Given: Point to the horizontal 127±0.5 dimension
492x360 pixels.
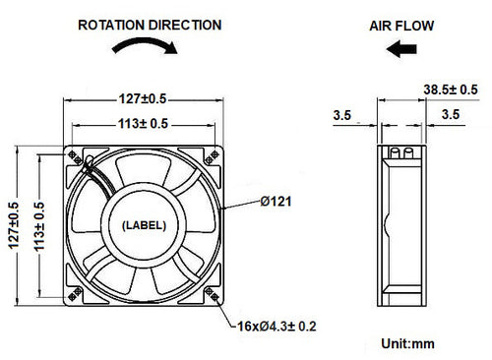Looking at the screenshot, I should point(145,97).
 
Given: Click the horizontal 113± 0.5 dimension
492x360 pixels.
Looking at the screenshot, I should point(145,123).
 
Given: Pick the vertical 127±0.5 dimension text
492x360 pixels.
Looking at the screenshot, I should point(13,223).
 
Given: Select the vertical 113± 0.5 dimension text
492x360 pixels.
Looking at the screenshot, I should point(38,223).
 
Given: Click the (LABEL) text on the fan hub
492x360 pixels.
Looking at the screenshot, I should point(145,224).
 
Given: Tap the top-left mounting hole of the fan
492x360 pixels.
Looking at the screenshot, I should point(75,154).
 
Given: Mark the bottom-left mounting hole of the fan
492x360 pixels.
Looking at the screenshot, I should point(75,294).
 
